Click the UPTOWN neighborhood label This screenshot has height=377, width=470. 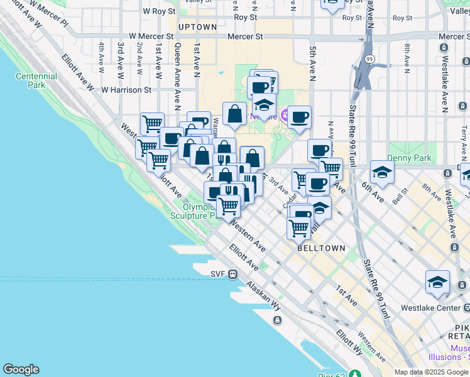[x=197, y=27]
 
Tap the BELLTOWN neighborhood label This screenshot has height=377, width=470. [x=321, y=248]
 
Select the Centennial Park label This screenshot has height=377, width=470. [x=36, y=80]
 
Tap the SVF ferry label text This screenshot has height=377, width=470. [x=217, y=273]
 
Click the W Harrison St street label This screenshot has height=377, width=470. [x=126, y=90]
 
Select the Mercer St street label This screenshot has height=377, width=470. [x=245, y=37]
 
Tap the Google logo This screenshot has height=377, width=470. [x=21, y=369]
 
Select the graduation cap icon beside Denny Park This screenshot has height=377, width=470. [x=382, y=172]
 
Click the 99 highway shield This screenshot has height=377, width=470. [x=369, y=58]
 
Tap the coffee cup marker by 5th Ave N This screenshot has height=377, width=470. [x=299, y=117]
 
